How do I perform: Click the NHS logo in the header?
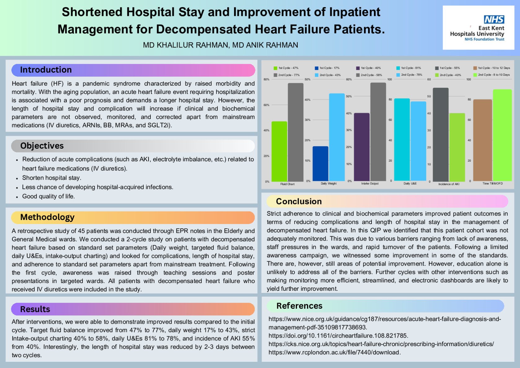point(494,20)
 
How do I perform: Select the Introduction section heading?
point(46,70)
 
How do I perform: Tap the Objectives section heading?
point(42,146)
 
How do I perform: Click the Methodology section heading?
point(47,217)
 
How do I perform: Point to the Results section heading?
point(35,309)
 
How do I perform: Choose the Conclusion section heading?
point(299,201)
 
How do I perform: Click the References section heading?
point(299,306)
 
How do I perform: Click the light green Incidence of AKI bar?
point(457,147)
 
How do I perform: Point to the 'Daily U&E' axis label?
point(410,184)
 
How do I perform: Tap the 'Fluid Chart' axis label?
point(287,184)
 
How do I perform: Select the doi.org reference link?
point(338,336)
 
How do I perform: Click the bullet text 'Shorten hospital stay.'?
point(51,178)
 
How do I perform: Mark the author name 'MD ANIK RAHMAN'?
point(265,45)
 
